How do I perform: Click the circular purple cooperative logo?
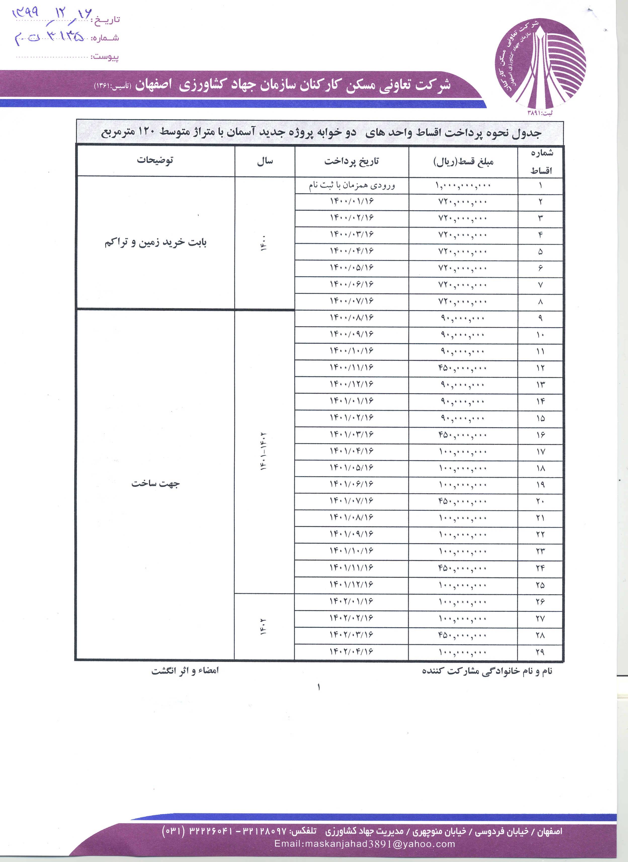[540, 65]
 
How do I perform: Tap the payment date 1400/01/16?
[352, 201]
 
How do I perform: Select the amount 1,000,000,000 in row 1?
[463, 185]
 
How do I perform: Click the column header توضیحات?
[155, 160]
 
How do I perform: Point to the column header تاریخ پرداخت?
[352, 161]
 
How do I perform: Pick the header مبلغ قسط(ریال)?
[464, 162]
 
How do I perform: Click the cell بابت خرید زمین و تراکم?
[155, 242]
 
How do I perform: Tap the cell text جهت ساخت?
[155, 483]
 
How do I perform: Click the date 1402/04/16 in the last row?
[352, 652]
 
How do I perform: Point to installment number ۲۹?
[540, 652]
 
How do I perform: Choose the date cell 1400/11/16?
[352, 367]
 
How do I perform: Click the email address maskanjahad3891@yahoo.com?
[365, 844]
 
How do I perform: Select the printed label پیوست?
[105, 57]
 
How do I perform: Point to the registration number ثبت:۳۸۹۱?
[540, 113]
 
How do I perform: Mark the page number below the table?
[319, 687]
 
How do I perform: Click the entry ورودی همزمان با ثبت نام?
[352, 185]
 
